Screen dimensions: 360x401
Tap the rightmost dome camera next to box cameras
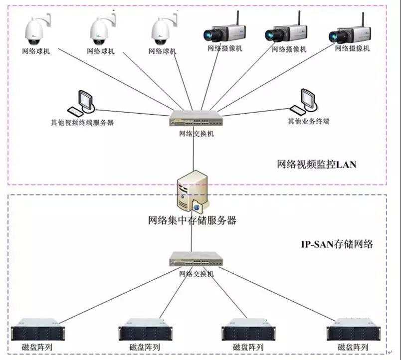tap(164, 30)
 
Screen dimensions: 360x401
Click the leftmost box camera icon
tap(223, 32)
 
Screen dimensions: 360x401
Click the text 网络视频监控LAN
tap(317, 164)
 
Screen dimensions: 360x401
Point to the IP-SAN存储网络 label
tap(337, 244)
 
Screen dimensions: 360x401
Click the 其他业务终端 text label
tap(308, 121)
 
